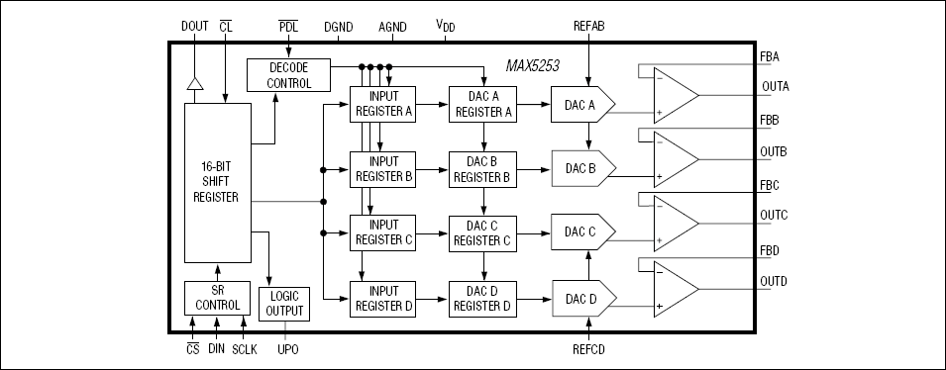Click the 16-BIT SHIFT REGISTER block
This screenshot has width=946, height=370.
click(x=217, y=182)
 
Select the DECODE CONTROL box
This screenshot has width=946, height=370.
click(x=288, y=75)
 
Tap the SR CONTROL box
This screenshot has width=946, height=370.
click(x=217, y=297)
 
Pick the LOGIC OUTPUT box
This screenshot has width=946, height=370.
click(x=283, y=304)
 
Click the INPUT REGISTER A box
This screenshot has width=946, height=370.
click(x=382, y=104)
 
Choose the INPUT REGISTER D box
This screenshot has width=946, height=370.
click(x=382, y=298)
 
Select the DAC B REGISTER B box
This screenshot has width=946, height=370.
click(x=481, y=169)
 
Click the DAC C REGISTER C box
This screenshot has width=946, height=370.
click(x=481, y=233)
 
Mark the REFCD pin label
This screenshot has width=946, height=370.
click(x=589, y=349)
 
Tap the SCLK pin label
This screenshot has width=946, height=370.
click(x=244, y=349)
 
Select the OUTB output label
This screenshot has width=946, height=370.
click(x=774, y=151)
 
